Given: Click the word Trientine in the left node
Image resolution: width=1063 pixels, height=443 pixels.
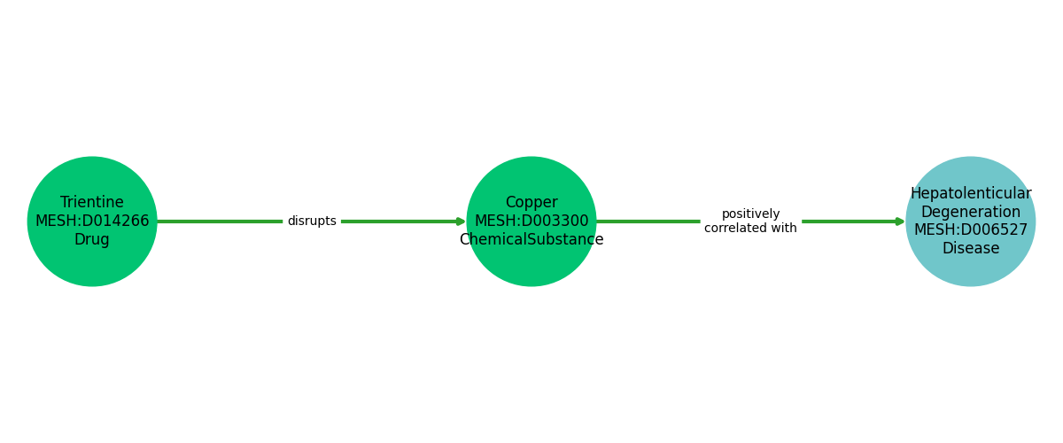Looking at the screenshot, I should point(92,202).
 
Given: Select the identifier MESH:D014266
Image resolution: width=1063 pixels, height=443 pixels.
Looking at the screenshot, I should point(92,221).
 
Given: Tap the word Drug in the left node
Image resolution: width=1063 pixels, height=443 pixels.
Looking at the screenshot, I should point(92,239).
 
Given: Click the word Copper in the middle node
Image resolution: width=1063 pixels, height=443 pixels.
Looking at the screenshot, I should point(531,202).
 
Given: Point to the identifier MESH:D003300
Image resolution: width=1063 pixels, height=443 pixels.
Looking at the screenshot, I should point(531,221).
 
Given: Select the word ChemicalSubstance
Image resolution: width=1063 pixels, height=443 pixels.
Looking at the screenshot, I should point(531,239).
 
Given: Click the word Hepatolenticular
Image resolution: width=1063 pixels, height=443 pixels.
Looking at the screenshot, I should point(971,193).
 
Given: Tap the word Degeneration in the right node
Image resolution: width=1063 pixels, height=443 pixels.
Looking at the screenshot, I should point(971,212).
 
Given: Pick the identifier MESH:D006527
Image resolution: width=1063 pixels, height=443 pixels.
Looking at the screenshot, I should point(971,229).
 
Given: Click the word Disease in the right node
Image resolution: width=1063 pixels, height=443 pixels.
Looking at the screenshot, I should point(971,248).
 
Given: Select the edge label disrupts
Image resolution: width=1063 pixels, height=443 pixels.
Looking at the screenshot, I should point(312,221).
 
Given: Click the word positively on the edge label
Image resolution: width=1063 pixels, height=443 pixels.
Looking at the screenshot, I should point(751,214).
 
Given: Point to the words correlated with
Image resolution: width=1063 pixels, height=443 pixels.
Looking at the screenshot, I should point(751,229).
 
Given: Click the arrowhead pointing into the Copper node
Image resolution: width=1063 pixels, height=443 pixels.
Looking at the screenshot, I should point(462,221).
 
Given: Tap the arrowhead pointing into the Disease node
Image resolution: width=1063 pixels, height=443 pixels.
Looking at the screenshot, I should point(901,221).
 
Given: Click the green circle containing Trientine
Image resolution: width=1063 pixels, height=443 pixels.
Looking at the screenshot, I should point(92,266).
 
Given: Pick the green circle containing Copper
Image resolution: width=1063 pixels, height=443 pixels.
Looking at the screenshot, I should point(531,266).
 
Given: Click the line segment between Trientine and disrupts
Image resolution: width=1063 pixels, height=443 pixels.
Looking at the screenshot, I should point(220,221).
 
